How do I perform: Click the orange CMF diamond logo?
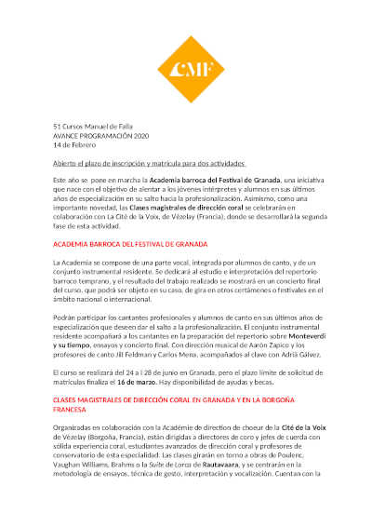pyautogui.click(x=186, y=64)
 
